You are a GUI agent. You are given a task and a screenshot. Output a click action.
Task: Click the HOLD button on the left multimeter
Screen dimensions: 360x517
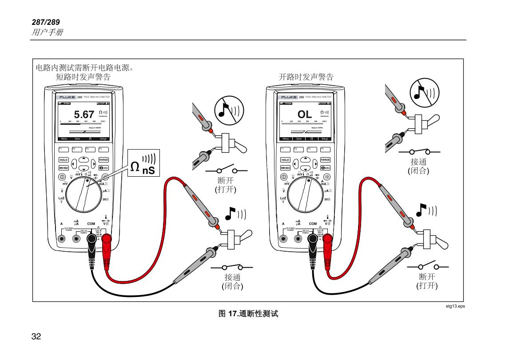pos(64,160)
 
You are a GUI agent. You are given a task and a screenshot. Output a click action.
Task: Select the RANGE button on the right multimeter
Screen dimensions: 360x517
pos(325,160)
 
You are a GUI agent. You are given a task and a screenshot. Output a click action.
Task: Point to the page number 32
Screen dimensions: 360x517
pos(36,336)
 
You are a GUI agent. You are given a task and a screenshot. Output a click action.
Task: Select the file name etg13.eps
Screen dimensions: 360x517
pos(455,306)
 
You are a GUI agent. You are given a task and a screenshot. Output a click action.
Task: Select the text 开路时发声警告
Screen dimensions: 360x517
pos(306,77)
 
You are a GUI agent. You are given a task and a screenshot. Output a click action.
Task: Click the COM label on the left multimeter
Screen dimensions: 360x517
pos(91,224)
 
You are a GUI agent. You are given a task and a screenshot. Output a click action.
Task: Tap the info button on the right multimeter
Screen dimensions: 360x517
pos(325,168)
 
